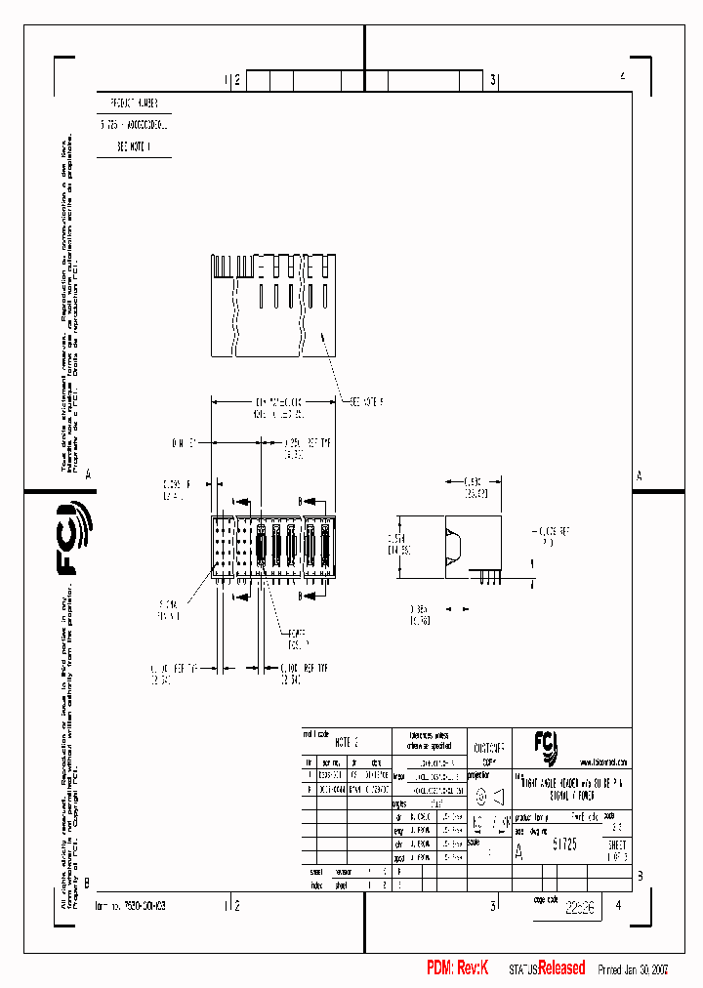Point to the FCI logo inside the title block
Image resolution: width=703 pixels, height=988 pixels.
tap(545, 747)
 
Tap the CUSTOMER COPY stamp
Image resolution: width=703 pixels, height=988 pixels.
tap(489, 752)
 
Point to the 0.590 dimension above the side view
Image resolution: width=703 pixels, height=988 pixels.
tap(473, 486)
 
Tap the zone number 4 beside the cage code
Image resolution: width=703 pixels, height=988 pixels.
tap(617, 904)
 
